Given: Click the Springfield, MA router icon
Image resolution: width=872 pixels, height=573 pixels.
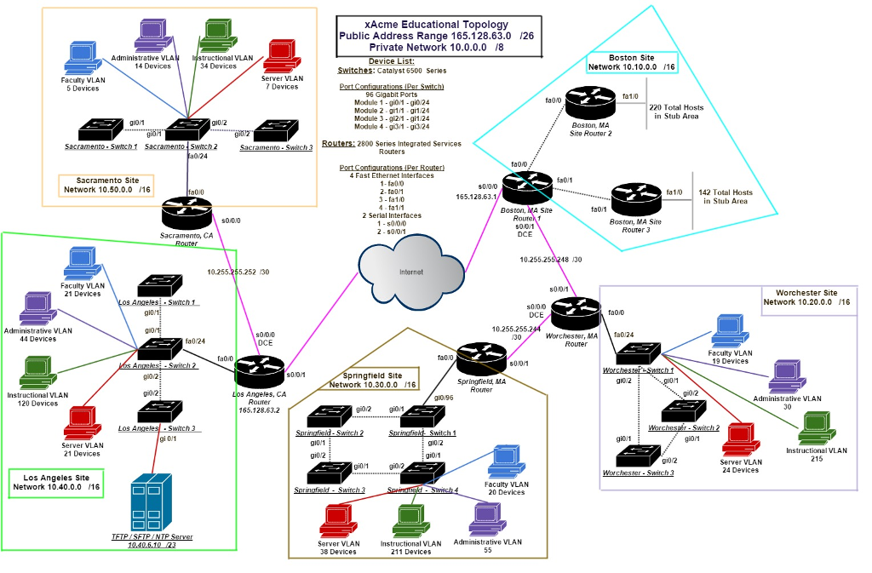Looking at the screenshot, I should click(481, 358).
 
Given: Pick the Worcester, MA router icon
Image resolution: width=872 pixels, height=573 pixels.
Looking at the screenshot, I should click(575, 315).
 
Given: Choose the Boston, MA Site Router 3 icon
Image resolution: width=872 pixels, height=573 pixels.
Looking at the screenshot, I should click(634, 201).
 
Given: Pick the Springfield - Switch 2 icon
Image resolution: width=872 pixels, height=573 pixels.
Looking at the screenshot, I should click(330, 417).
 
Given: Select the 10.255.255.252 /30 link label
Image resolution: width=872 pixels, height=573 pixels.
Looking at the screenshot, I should click(238, 272).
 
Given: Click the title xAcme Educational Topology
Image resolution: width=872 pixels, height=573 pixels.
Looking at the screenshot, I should click(437, 25).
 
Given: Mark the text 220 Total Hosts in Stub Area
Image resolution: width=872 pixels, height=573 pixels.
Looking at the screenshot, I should click(676, 112).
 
